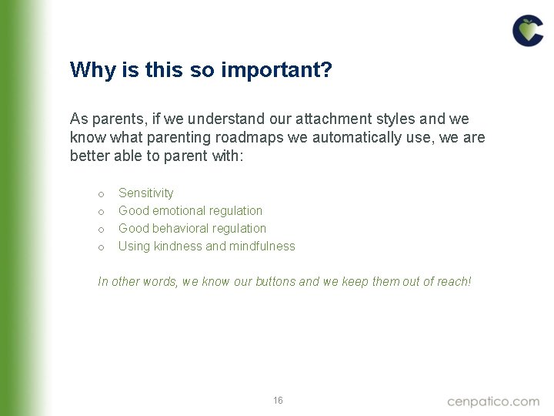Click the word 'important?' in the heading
click(276, 70)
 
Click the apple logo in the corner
click(528, 31)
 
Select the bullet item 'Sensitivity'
click(145, 193)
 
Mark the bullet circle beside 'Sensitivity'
click(101, 193)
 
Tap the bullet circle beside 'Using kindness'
click(101, 247)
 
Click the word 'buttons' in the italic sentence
click(275, 281)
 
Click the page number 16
click(278, 401)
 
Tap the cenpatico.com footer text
click(493, 401)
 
